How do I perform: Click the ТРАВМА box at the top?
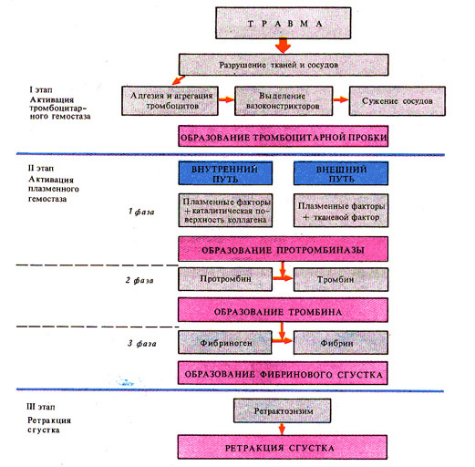coord(284,23)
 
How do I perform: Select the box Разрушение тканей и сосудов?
coord(284,65)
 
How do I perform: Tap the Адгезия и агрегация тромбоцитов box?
coord(170,101)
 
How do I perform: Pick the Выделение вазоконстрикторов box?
coord(284,101)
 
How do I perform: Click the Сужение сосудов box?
coord(398,101)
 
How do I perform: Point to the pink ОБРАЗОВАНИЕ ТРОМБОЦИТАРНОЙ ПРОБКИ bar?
coord(284,136)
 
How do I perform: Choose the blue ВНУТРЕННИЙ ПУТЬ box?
coord(225,173)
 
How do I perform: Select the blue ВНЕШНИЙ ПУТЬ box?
coord(341,173)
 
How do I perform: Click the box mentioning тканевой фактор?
coord(341,211)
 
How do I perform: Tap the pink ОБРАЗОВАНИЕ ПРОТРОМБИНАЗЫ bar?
coord(284,249)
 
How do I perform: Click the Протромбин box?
coord(225,279)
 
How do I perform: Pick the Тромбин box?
coord(341,279)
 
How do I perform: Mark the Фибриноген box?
coord(225,343)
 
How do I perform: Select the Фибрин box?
coord(341,343)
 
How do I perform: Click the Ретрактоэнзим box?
coord(282,410)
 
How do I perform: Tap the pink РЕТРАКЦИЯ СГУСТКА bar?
coord(283,447)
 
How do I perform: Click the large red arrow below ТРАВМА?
coord(284,46)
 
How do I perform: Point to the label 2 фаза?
coord(139,280)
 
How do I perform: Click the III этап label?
coord(41,407)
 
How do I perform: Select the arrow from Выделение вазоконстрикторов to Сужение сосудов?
coord(341,99)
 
